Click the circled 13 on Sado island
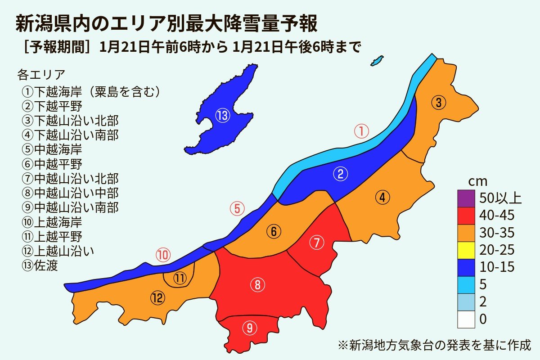point(223,116)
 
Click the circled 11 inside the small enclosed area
point(180,279)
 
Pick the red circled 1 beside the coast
point(361,131)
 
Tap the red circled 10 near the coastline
point(163,255)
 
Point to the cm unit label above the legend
point(478,181)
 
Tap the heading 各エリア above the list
point(41,74)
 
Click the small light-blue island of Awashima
point(377,60)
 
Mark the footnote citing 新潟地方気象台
point(434,345)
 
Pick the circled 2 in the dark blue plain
point(341,175)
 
